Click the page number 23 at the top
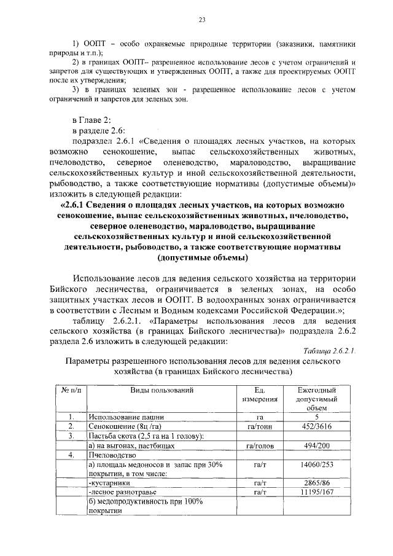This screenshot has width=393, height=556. click(201, 20)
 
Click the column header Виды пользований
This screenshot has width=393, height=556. click(162, 390)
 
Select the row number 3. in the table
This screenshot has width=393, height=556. click(71, 436)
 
